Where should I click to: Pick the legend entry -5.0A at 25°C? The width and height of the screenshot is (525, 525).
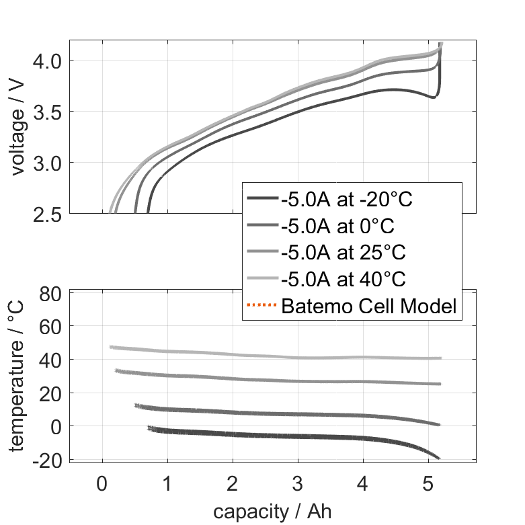click(x=344, y=253)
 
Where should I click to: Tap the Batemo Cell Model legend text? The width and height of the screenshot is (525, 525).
click(x=369, y=307)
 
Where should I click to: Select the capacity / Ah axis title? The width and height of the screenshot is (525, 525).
click(x=272, y=512)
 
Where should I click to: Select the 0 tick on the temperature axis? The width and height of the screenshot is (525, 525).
click(x=56, y=426)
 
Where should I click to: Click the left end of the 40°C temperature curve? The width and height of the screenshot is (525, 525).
click(x=111, y=347)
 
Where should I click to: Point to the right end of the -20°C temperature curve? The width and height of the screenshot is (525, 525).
click(x=439, y=458)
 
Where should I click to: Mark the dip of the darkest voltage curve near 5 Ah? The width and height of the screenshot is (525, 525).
click(x=433, y=97)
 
